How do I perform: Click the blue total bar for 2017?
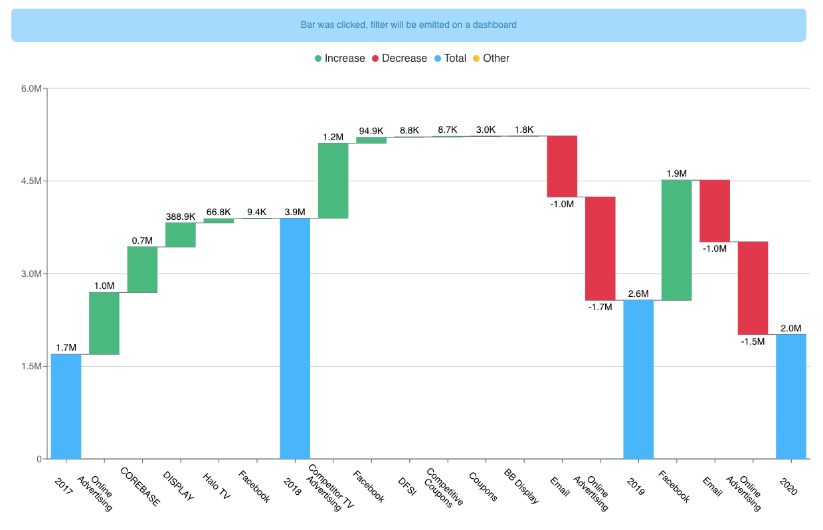pyautogui.click(x=66, y=406)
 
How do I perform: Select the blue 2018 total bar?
pyautogui.click(x=295, y=338)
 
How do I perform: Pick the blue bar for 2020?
pyautogui.click(x=790, y=396)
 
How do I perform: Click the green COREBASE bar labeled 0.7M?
pyautogui.click(x=142, y=269)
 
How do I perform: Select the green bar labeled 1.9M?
pyautogui.click(x=676, y=240)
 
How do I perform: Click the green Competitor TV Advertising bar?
pyautogui.click(x=333, y=180)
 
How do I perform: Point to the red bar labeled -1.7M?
pyautogui.click(x=600, y=248)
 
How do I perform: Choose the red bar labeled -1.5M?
pyautogui.click(x=753, y=288)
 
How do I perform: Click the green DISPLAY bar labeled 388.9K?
pyautogui.click(x=181, y=234)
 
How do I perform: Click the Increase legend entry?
pyautogui.click(x=339, y=58)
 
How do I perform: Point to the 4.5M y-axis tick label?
pyautogui.click(x=31, y=181)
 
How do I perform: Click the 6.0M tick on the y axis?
pyautogui.click(x=31, y=88)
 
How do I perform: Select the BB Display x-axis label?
pyautogui.click(x=521, y=488)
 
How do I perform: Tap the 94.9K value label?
pyautogui.click(x=371, y=131)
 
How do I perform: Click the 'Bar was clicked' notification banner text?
pyautogui.click(x=409, y=25)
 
